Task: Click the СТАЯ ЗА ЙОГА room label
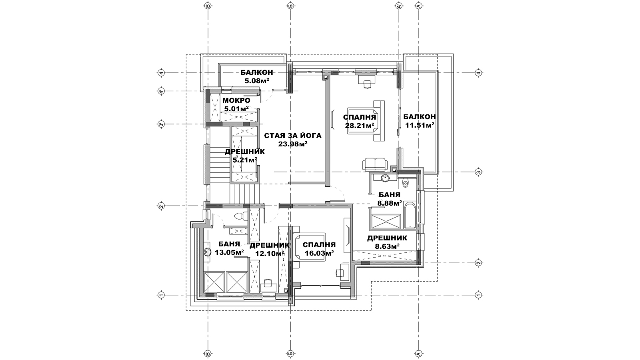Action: coord(292,136)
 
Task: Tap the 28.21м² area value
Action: coord(360,126)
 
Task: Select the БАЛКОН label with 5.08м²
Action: coord(256,72)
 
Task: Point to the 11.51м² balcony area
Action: coord(420,125)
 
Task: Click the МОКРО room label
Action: coord(236,100)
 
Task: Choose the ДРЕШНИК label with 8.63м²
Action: coord(387,238)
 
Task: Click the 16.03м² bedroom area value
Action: coord(320,254)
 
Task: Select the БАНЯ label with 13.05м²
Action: coord(229,244)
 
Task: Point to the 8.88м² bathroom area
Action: coord(390,204)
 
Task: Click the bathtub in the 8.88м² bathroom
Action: coord(410,216)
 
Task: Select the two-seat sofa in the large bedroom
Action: coord(374,165)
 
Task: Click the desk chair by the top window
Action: coord(367,84)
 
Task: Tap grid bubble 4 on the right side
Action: coord(478,73)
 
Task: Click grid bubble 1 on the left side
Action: coord(161,294)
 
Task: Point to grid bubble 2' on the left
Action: coord(161,206)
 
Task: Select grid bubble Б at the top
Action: coord(291,6)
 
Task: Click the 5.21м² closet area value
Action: coord(244,160)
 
